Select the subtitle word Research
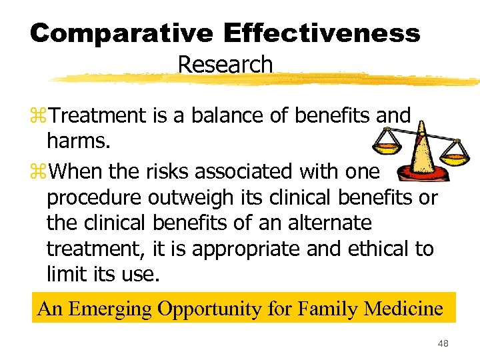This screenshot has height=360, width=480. click(x=225, y=65)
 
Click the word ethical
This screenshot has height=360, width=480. click(x=377, y=248)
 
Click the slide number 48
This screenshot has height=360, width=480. click(x=443, y=343)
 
